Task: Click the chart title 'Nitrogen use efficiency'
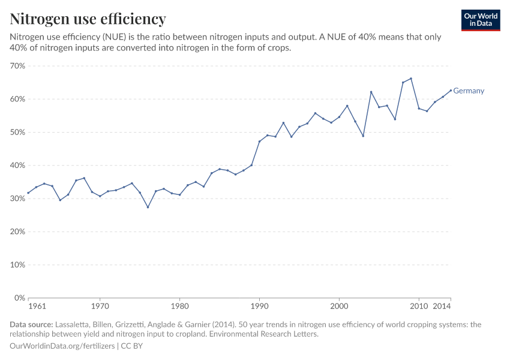[x=88, y=19]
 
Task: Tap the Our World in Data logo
[x=481, y=20]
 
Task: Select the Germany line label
[x=469, y=91]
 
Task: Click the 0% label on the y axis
[x=19, y=298]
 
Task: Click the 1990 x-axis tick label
[x=259, y=307]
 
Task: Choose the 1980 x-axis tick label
[x=179, y=307]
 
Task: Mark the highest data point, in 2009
[x=411, y=79]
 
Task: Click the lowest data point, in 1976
[x=148, y=207]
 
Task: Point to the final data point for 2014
[x=451, y=91]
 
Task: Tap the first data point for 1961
[x=28, y=193]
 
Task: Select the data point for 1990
[x=259, y=142]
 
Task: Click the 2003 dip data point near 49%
[x=363, y=136]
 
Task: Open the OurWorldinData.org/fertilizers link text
[x=63, y=346]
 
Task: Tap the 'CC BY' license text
[x=132, y=346]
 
